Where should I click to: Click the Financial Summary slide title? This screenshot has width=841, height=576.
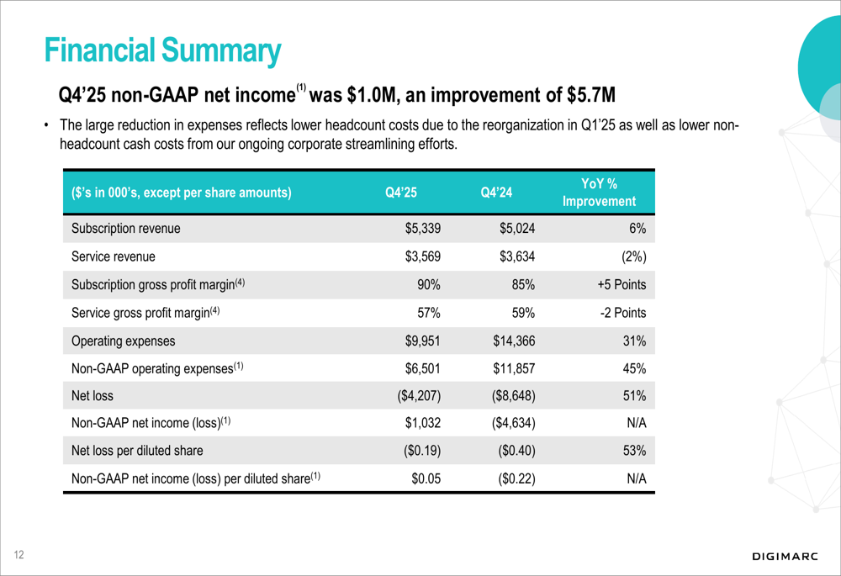click(162, 50)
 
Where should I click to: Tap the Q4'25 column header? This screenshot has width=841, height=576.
click(401, 193)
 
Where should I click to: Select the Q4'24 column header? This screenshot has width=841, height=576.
click(498, 193)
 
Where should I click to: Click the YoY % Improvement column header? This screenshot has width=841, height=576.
click(599, 193)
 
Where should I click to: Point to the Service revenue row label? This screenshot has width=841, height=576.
click(114, 257)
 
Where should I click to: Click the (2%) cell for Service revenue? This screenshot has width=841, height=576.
click(629, 257)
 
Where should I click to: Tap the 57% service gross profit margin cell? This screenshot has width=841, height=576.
click(430, 313)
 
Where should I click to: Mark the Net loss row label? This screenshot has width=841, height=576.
click(93, 395)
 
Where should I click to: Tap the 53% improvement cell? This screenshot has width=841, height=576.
click(633, 451)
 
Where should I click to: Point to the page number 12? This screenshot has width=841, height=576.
click(18, 555)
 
